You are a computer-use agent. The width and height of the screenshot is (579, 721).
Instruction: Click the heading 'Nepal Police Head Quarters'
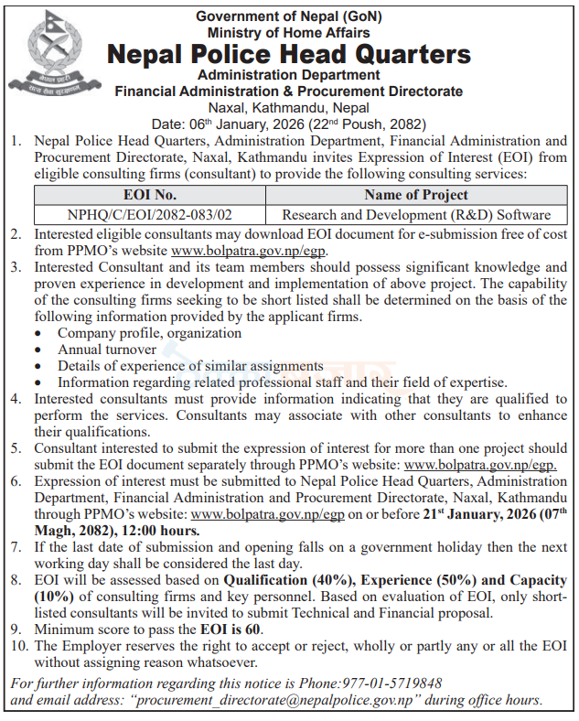pyautogui.click(x=289, y=54)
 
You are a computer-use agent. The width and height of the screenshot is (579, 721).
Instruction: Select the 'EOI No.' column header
pyautogui.click(x=149, y=195)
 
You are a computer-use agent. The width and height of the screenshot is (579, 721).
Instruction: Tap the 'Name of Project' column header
pyautogui.click(x=415, y=195)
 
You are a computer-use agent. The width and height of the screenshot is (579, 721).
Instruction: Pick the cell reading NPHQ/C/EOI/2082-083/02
pyautogui.click(x=149, y=214)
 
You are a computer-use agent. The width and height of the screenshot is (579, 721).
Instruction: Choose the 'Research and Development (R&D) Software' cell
pyautogui.click(x=415, y=214)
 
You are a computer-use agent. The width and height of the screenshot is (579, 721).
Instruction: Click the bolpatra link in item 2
pyautogui.click(x=249, y=251)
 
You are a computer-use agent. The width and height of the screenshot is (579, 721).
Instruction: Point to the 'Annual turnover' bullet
pyautogui.click(x=107, y=350)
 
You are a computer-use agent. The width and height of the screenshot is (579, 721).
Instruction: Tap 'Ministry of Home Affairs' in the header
pyautogui.click(x=288, y=31)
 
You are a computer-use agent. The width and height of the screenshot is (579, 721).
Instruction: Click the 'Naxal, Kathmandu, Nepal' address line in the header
pyautogui.click(x=288, y=106)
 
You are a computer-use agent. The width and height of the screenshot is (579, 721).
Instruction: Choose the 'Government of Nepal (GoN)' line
pyautogui.click(x=288, y=15)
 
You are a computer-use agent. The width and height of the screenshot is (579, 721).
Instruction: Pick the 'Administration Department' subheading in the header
pyautogui.click(x=288, y=75)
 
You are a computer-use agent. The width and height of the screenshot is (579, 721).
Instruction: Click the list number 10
pyautogui.click(x=16, y=646)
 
